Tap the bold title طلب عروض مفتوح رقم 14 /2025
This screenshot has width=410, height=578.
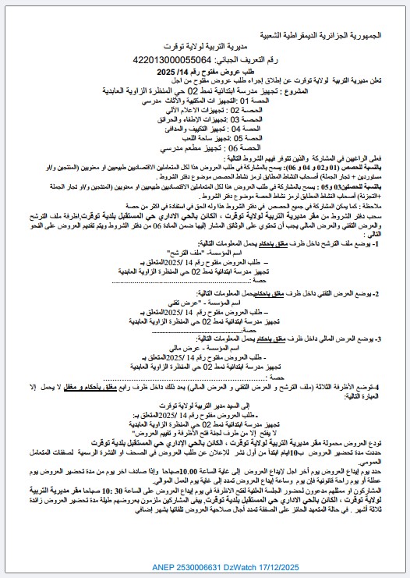pos(200,71)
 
